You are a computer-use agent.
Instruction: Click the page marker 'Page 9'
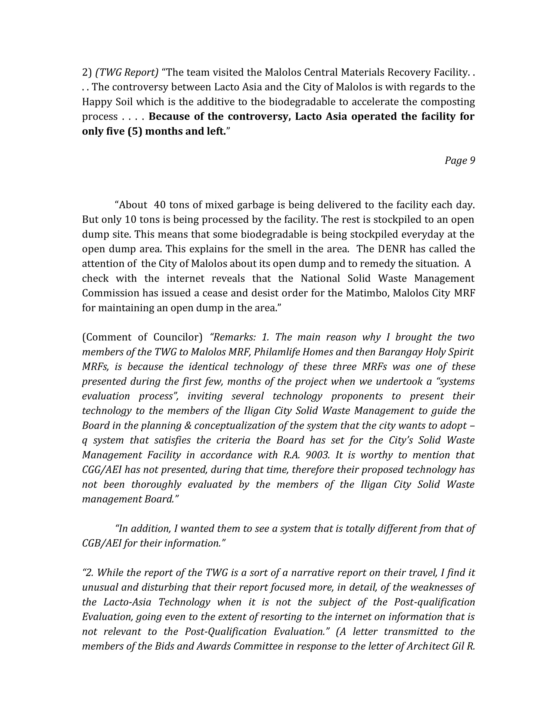460,161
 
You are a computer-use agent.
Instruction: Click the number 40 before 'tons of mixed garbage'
160,205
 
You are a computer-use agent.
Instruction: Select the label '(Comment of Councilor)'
142,337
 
